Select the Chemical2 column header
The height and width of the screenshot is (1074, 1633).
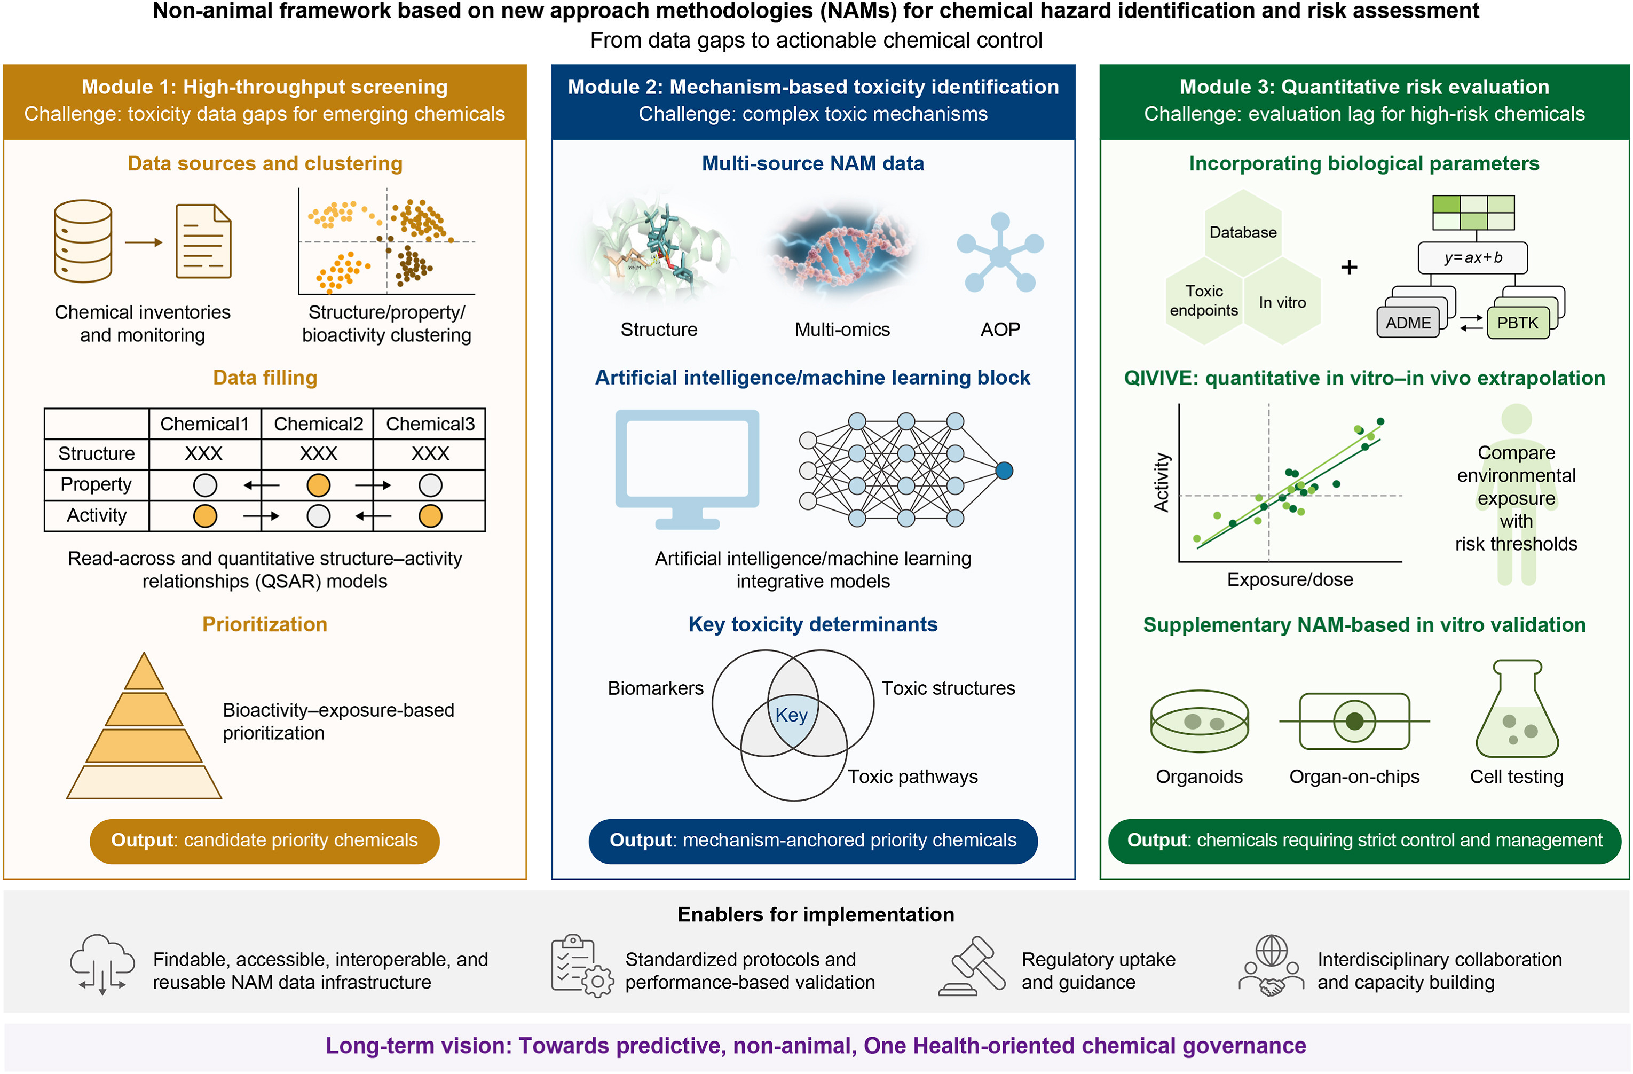coord(318,424)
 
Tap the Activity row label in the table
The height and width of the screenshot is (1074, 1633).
coord(96,515)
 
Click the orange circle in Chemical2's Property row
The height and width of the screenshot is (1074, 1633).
coord(318,485)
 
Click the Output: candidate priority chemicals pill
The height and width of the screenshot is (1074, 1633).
coord(264,841)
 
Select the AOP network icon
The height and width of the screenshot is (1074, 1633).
coord(1000,253)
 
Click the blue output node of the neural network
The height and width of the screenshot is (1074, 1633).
coord(1004,471)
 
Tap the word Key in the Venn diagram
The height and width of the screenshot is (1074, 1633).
coord(791,715)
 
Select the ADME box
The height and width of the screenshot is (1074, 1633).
coord(1408,323)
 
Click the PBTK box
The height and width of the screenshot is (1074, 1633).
coord(1517,323)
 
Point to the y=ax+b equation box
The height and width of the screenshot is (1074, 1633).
coord(1472,258)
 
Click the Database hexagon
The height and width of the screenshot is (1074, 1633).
coord(1243,232)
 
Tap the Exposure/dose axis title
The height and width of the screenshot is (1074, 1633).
coord(1290,580)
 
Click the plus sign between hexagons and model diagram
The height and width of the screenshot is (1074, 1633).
coord(1349,267)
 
